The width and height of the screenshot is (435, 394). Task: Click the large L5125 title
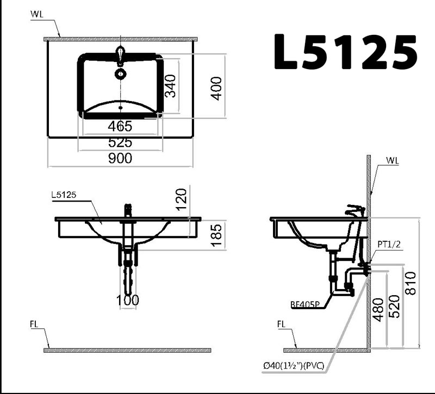345,52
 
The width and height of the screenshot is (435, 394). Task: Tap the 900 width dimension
120,158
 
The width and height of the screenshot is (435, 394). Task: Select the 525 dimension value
120,143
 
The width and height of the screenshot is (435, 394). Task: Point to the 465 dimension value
120,127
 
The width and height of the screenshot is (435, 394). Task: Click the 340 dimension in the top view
170,86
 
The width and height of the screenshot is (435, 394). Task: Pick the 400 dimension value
216,89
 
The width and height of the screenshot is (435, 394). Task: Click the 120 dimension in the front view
182,199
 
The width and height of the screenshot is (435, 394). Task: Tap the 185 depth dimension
216,235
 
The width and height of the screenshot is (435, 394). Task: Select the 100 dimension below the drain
128,300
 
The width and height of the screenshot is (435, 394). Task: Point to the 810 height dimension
411,283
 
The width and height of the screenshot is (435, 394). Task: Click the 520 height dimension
395,307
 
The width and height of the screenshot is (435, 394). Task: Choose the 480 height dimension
378,310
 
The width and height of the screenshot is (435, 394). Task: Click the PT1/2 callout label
389,244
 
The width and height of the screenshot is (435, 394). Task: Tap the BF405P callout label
305,305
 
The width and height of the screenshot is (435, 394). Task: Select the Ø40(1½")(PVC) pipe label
294,366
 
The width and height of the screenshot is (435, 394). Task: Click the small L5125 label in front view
64,195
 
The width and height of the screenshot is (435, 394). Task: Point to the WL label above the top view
37,15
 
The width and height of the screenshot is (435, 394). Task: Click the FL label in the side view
281,324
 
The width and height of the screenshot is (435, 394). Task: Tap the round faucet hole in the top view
120,74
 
